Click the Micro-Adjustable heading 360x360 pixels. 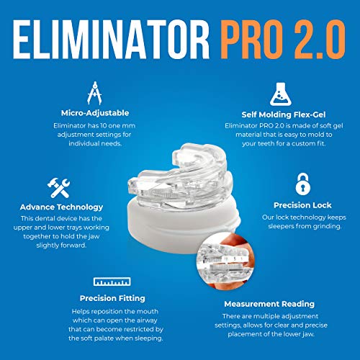92,113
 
